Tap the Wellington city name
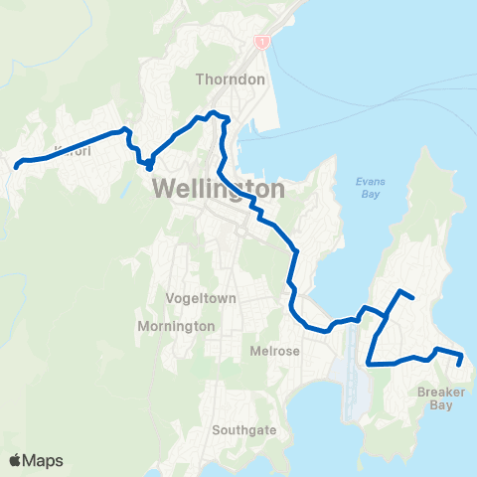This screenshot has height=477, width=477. (219, 188)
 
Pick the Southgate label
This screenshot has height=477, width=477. (243, 431)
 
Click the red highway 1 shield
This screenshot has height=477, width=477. (262, 43)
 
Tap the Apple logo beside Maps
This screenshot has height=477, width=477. (15, 460)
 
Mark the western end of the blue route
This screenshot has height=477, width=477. (16, 167)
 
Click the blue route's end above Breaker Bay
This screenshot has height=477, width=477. (459, 365)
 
